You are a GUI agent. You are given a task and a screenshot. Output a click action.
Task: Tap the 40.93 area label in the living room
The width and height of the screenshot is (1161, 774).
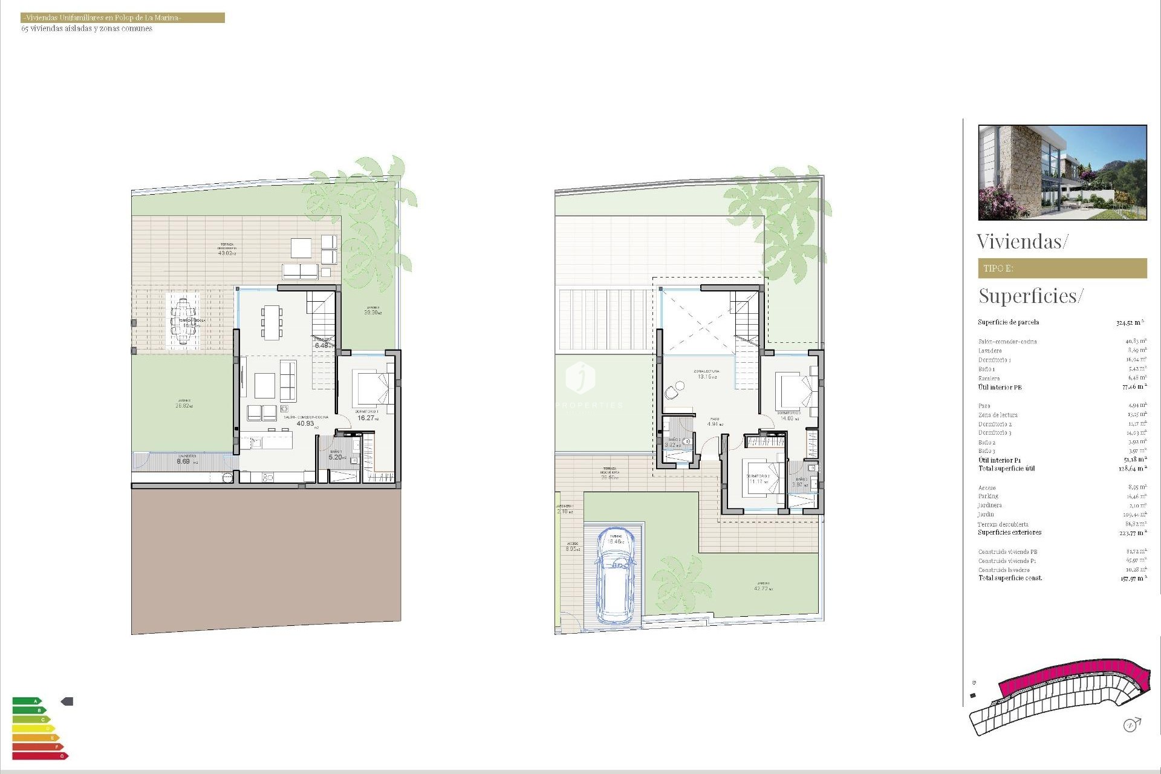[x=305, y=424]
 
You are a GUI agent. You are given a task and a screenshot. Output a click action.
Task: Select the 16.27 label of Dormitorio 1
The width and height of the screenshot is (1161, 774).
[x=366, y=418]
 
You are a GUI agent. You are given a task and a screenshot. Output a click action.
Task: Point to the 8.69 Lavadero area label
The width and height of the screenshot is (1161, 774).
[x=183, y=461]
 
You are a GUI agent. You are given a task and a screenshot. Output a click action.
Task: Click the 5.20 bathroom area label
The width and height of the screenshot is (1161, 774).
[x=336, y=457]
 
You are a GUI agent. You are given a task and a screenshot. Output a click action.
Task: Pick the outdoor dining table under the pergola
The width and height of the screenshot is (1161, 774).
[x=183, y=320]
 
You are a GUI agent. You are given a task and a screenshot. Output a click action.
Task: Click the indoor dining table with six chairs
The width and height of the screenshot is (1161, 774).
[x=272, y=321]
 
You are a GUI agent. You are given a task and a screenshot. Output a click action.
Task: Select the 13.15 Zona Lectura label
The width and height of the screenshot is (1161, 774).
[x=705, y=377]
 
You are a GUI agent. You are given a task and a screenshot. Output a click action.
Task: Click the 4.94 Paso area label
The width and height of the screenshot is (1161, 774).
[x=713, y=424]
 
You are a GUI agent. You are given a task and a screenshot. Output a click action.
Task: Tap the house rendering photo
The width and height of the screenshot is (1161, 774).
[x=1062, y=172]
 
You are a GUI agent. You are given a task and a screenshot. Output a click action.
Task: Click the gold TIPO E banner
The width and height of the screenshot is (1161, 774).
[x=1062, y=268]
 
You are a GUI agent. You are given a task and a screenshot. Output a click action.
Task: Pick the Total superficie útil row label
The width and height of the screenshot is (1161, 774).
[x=1006, y=469]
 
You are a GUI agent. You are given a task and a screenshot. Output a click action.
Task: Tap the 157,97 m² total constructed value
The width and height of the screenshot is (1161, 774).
[x=1132, y=579]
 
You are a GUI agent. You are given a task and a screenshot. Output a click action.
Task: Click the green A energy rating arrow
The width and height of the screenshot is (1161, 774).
[x=27, y=701]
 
